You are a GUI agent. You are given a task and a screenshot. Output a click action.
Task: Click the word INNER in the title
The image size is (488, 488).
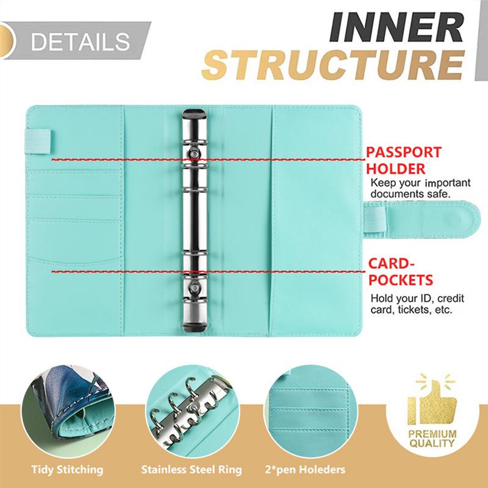pos(396,27)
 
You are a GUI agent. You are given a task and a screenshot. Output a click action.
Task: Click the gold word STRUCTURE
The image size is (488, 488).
pos(333,65)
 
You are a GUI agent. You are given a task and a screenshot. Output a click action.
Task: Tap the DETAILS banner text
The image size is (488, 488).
pos(81,41)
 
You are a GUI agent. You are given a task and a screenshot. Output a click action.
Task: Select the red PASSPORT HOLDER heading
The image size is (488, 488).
pos(404,160)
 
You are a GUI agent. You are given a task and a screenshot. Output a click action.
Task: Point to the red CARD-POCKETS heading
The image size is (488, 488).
pos(401,271)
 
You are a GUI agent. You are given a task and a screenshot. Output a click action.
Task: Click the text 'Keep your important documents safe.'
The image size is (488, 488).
pos(420,188)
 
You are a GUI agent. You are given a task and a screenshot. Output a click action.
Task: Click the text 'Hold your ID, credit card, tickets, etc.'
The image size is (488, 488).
pos(417,304)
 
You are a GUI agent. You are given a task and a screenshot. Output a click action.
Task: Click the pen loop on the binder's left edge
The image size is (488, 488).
pos(38,142)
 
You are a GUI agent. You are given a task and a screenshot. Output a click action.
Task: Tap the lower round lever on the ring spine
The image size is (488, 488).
pos(194,287)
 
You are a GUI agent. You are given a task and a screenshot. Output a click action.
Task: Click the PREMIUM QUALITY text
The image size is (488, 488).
pos(432,439)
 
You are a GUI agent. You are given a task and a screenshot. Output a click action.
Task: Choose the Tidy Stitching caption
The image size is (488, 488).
pos(67,469)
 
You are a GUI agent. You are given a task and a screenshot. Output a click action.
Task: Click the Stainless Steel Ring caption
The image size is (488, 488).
pos(192,469)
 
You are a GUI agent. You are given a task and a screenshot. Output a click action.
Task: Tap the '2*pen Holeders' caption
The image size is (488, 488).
pos(305,469)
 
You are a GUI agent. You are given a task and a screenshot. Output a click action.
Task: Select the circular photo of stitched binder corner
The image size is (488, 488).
pos(68,411)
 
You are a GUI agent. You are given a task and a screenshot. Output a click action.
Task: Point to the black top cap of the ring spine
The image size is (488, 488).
pos(194,113)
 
